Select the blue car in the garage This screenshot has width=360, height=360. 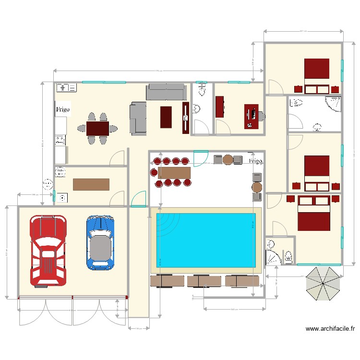point(100,242)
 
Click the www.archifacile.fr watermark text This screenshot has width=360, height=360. point(330,329)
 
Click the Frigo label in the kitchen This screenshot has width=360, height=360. point(63,109)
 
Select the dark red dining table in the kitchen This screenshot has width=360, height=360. point(98,128)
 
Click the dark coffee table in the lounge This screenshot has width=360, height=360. point(165,117)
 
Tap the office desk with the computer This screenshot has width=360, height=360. point(251,116)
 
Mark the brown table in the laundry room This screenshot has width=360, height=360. point(91,184)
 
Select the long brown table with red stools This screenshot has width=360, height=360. point(174,172)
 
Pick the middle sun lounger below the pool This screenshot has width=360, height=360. point(204,281)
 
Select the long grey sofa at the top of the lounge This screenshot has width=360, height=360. point(166,91)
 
